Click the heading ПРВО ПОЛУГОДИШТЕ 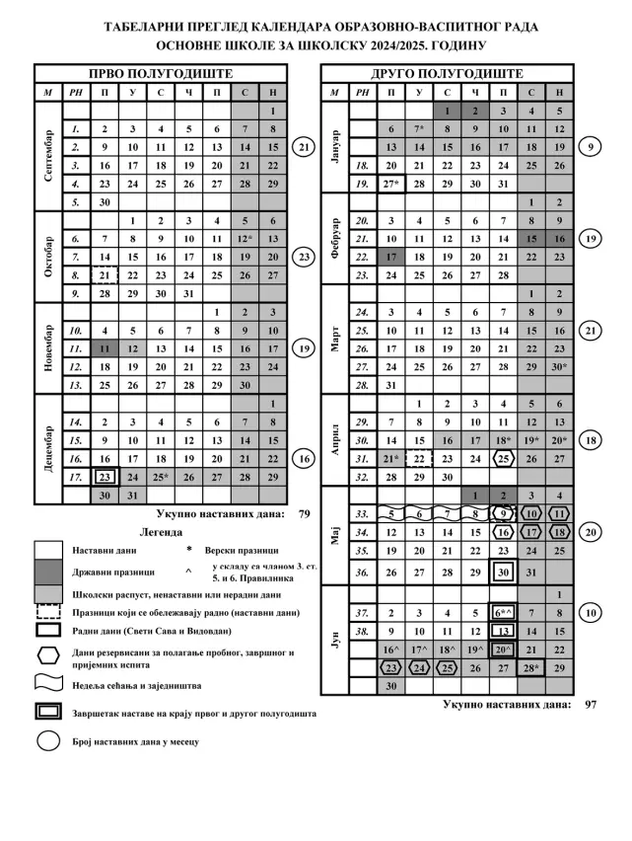161,73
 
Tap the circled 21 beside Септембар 305,147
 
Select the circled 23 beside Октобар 305,257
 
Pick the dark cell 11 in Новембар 105,348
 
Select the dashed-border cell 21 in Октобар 105,275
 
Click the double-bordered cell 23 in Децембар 105,477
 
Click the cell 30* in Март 559,366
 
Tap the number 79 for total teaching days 305,513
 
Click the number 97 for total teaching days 591,704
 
